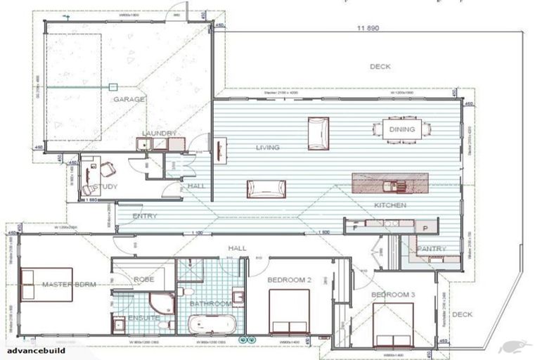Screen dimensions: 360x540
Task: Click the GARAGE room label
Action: point(129,100)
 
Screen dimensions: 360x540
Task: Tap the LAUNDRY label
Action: point(159,134)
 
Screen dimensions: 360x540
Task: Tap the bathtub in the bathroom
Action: point(212,325)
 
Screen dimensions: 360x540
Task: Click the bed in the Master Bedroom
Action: point(46,284)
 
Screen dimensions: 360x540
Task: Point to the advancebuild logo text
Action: point(36,349)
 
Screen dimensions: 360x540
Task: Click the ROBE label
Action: point(144,279)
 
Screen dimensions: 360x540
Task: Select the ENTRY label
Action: point(145,216)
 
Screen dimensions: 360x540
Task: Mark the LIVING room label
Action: point(267,148)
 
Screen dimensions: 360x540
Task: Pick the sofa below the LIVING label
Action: point(266,188)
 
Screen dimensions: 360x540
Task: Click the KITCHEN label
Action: point(390,205)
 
